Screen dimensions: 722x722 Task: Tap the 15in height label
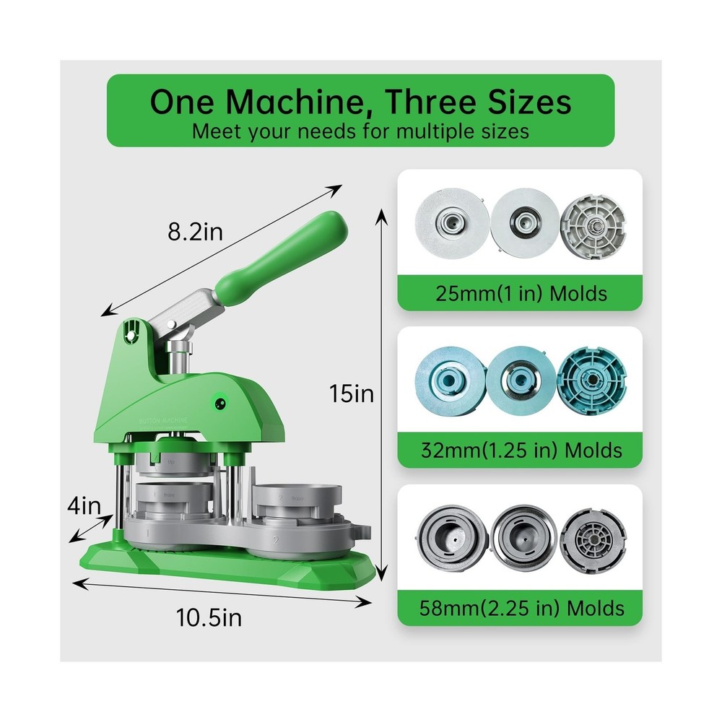pos(352,393)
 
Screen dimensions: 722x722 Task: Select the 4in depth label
pos(85,505)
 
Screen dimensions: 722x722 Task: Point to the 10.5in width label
pos(209,618)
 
